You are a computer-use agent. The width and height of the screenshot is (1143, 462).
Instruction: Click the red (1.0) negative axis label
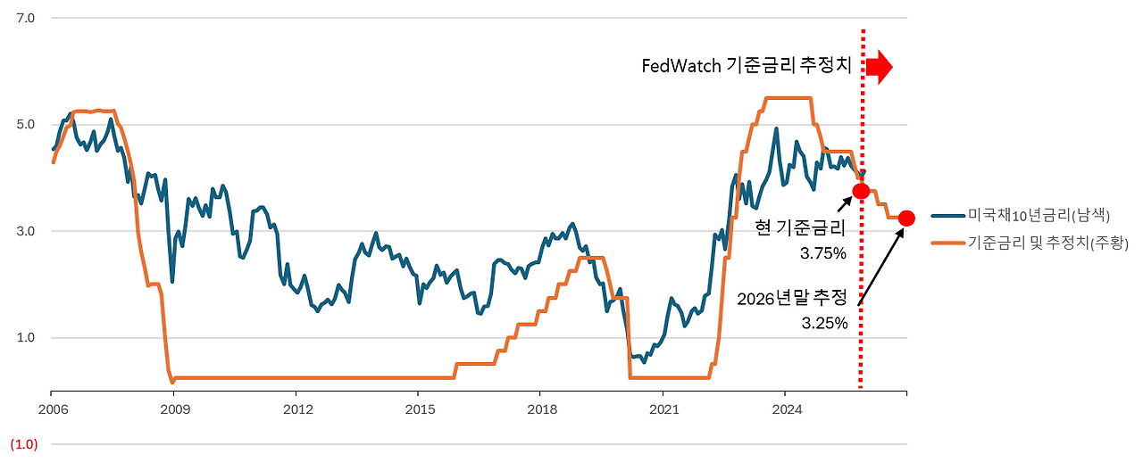point(23,444)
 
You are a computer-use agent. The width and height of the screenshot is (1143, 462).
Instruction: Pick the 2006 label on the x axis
point(52,409)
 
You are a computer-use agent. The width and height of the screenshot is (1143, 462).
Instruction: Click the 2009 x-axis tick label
point(174,409)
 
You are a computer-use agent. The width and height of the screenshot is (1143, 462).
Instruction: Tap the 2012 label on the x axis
point(296,409)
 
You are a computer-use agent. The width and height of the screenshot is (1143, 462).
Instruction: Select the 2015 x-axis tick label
point(419,409)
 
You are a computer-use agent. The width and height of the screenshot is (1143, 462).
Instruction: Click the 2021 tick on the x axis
point(663,409)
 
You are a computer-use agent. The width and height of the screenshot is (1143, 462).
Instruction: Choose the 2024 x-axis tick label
point(785,409)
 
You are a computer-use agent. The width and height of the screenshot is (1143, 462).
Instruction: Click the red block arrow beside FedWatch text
point(879,67)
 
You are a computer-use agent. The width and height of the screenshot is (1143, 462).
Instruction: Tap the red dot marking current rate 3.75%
point(861,191)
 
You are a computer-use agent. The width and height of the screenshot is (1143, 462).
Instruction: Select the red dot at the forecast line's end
point(906,218)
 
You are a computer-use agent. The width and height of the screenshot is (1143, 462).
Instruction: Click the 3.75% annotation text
point(822,253)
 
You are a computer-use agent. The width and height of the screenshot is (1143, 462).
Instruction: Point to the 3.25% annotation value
point(824,323)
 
